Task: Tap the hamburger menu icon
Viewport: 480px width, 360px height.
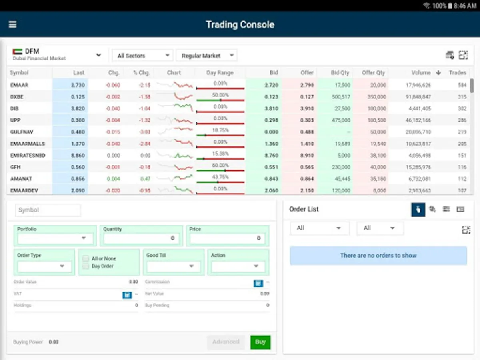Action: [13, 24]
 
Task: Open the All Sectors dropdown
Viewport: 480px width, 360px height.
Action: [142, 56]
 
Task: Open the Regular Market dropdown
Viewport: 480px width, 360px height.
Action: [206, 56]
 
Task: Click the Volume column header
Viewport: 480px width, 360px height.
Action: [421, 73]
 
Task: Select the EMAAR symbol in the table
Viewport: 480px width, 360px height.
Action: [19, 85]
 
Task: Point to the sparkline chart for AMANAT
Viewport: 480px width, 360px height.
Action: [174, 179]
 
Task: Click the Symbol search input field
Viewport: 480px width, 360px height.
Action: [48, 210]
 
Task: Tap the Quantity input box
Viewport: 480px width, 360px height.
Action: [141, 238]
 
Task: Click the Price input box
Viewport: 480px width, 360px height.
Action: [227, 238]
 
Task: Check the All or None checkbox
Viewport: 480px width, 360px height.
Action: [86, 259]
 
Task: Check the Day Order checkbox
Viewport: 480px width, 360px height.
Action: [86, 266]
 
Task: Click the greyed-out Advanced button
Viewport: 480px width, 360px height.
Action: [226, 342]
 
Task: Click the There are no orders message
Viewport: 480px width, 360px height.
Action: [378, 256]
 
